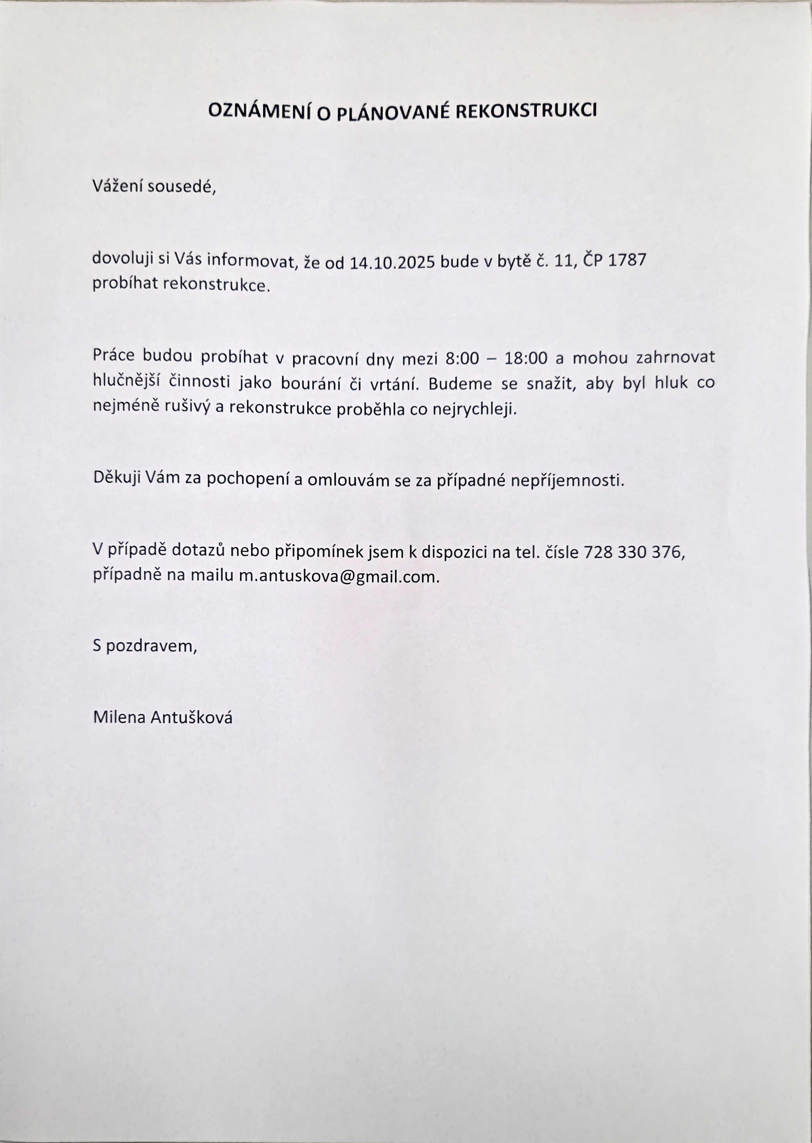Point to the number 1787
pyautogui.click(x=627, y=260)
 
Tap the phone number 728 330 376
pyautogui.click(x=632, y=552)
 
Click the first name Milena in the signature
pyautogui.click(x=119, y=718)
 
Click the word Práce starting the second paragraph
pyautogui.click(x=114, y=356)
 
